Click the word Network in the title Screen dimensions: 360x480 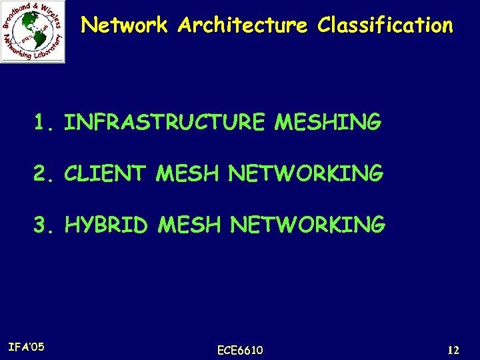pos(124,26)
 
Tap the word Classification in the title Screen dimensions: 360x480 pos(385,26)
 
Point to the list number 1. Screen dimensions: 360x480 pos(43,123)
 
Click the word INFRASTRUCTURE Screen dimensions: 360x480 pos(165,123)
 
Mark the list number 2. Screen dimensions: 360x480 pos(44,174)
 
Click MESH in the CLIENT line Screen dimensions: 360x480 pos(189,174)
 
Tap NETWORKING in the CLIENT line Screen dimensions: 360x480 pos(306,174)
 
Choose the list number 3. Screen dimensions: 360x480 pos(44,225)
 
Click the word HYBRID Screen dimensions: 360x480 pos(106,225)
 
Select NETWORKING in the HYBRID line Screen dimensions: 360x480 pos(307,225)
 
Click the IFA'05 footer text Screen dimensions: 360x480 pos(27,347)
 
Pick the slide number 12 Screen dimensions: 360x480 pos(453,350)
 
